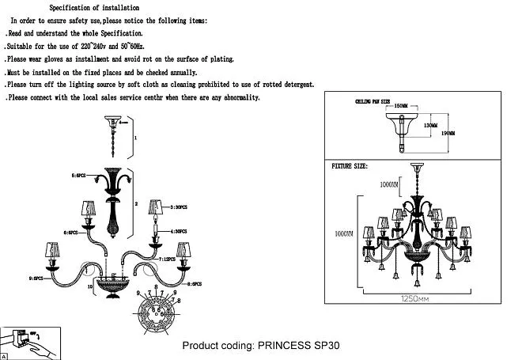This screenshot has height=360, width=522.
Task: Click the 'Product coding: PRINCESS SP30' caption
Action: (261, 346)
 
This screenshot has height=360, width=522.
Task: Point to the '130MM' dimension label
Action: (430, 124)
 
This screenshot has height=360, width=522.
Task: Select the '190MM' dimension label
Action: (448, 133)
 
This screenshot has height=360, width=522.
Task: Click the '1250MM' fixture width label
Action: (414, 300)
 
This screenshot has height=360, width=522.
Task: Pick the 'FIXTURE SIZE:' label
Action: (350, 165)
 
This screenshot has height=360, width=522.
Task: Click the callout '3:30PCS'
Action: (179, 207)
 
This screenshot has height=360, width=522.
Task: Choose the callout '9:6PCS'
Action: (38, 279)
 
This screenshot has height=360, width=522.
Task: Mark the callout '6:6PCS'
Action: (73, 233)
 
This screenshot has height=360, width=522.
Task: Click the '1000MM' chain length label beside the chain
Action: (387, 184)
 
